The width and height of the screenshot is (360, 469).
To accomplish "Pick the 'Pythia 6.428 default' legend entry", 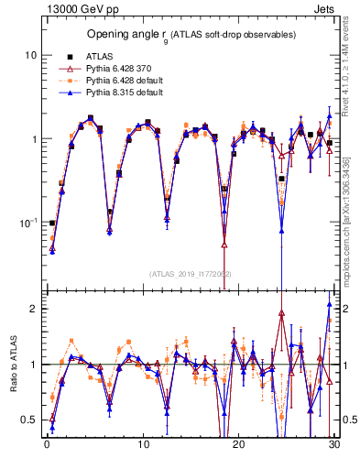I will (x=124, y=81).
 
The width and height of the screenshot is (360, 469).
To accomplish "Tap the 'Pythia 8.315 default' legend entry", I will (x=124, y=93).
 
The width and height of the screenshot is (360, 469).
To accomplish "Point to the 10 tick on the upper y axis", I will (x=30, y=55).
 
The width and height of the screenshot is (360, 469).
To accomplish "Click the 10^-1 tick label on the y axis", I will (x=28, y=223).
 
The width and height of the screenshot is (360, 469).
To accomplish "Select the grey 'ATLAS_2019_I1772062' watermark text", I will (x=190, y=274).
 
